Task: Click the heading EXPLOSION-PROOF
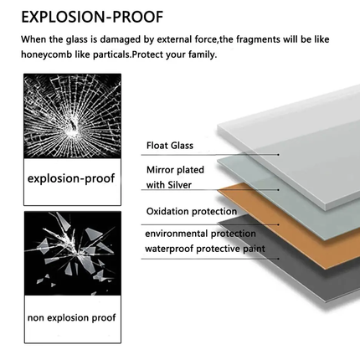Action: pyautogui.click(x=92, y=17)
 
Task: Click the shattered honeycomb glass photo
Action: pyautogui.click(x=72, y=116)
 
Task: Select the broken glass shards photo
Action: pyautogui.click(x=73, y=254)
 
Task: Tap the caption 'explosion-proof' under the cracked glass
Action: pyautogui.click(x=71, y=178)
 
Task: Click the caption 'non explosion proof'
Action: pyautogui.click(x=71, y=317)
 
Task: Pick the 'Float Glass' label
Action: pyautogui.click(x=170, y=146)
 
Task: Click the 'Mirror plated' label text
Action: pyautogui.click(x=175, y=170)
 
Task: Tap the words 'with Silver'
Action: pyautogui.click(x=169, y=185)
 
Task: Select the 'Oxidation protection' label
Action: pyautogui.click(x=192, y=211)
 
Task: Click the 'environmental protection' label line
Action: pyautogui.click(x=200, y=234)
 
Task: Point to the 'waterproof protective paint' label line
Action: pyautogui.click(x=205, y=249)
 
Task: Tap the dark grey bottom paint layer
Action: pyautogui.click(x=321, y=276)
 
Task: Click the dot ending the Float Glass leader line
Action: pyautogui.click(x=278, y=154)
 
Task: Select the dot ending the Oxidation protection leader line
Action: pyautogui.click(x=278, y=224)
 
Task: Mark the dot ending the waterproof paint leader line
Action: pyautogui.click(x=278, y=259)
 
